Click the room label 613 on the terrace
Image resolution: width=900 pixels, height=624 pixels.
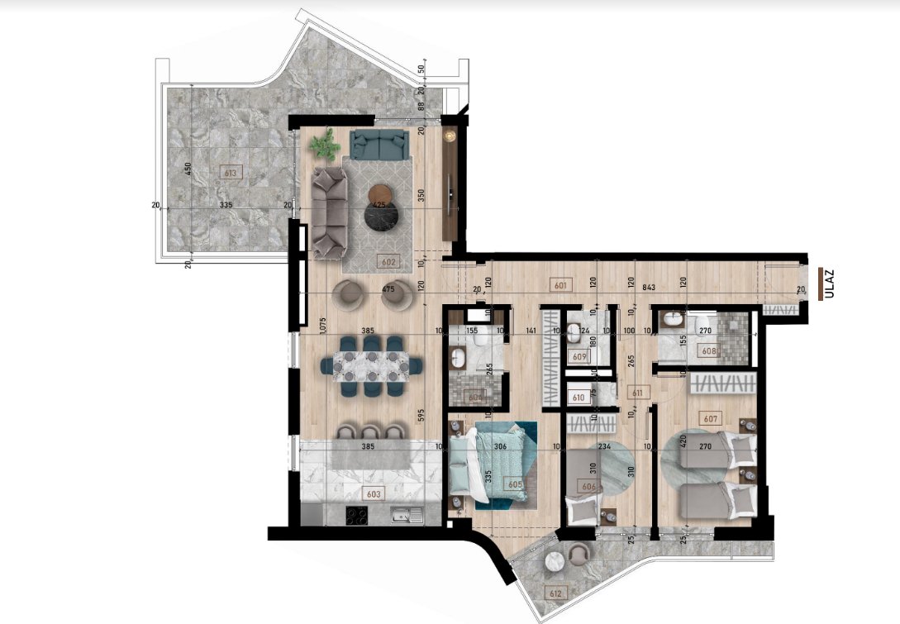230,172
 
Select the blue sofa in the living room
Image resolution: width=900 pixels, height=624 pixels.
380,145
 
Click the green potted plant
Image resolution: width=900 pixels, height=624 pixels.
324,145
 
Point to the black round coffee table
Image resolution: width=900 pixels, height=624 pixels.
381,217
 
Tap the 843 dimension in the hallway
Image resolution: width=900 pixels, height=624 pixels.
649,287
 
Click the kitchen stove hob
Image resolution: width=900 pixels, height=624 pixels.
357,517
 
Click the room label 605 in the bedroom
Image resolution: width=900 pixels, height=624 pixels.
515,484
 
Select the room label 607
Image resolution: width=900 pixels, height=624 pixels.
709,418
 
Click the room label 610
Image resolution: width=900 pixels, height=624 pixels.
579,398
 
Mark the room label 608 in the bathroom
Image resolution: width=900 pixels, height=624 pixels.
709,350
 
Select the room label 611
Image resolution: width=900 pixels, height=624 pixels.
636,393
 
